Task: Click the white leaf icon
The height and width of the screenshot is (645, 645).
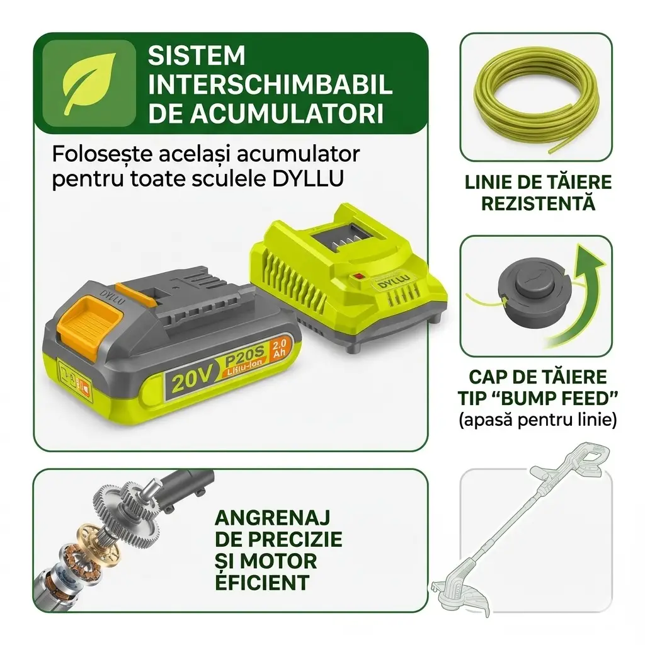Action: pos(88,84)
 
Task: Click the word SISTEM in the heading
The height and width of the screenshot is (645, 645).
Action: pos(196,55)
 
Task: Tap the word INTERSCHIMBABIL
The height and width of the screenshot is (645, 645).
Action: pos(270,85)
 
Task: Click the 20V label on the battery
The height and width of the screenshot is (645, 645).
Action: pos(188,381)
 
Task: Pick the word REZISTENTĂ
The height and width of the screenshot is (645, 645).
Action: pos(539,203)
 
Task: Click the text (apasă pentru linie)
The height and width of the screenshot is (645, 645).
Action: pos(537,420)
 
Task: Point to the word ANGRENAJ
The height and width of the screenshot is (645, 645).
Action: pos(272,518)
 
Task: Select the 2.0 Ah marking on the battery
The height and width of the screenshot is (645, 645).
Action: pos(279,350)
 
